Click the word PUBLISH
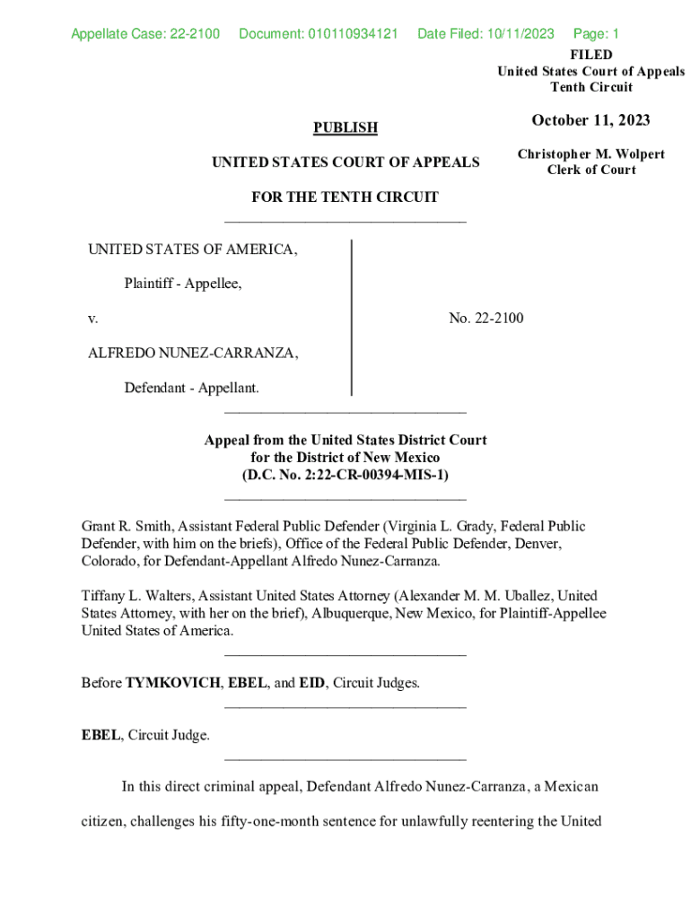click(345, 128)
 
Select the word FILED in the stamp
click(591, 55)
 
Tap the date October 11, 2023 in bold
click(590, 120)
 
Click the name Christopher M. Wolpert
click(591, 154)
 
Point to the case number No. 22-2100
click(486, 318)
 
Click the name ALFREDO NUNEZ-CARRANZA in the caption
click(193, 353)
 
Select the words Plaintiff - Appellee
click(183, 284)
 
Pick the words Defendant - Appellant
click(192, 388)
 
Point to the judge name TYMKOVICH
click(172, 683)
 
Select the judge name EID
click(311, 683)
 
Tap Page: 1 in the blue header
click(596, 35)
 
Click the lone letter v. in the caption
click(92, 319)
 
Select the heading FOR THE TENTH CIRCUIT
click(345, 197)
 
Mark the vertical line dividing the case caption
click(351, 318)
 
